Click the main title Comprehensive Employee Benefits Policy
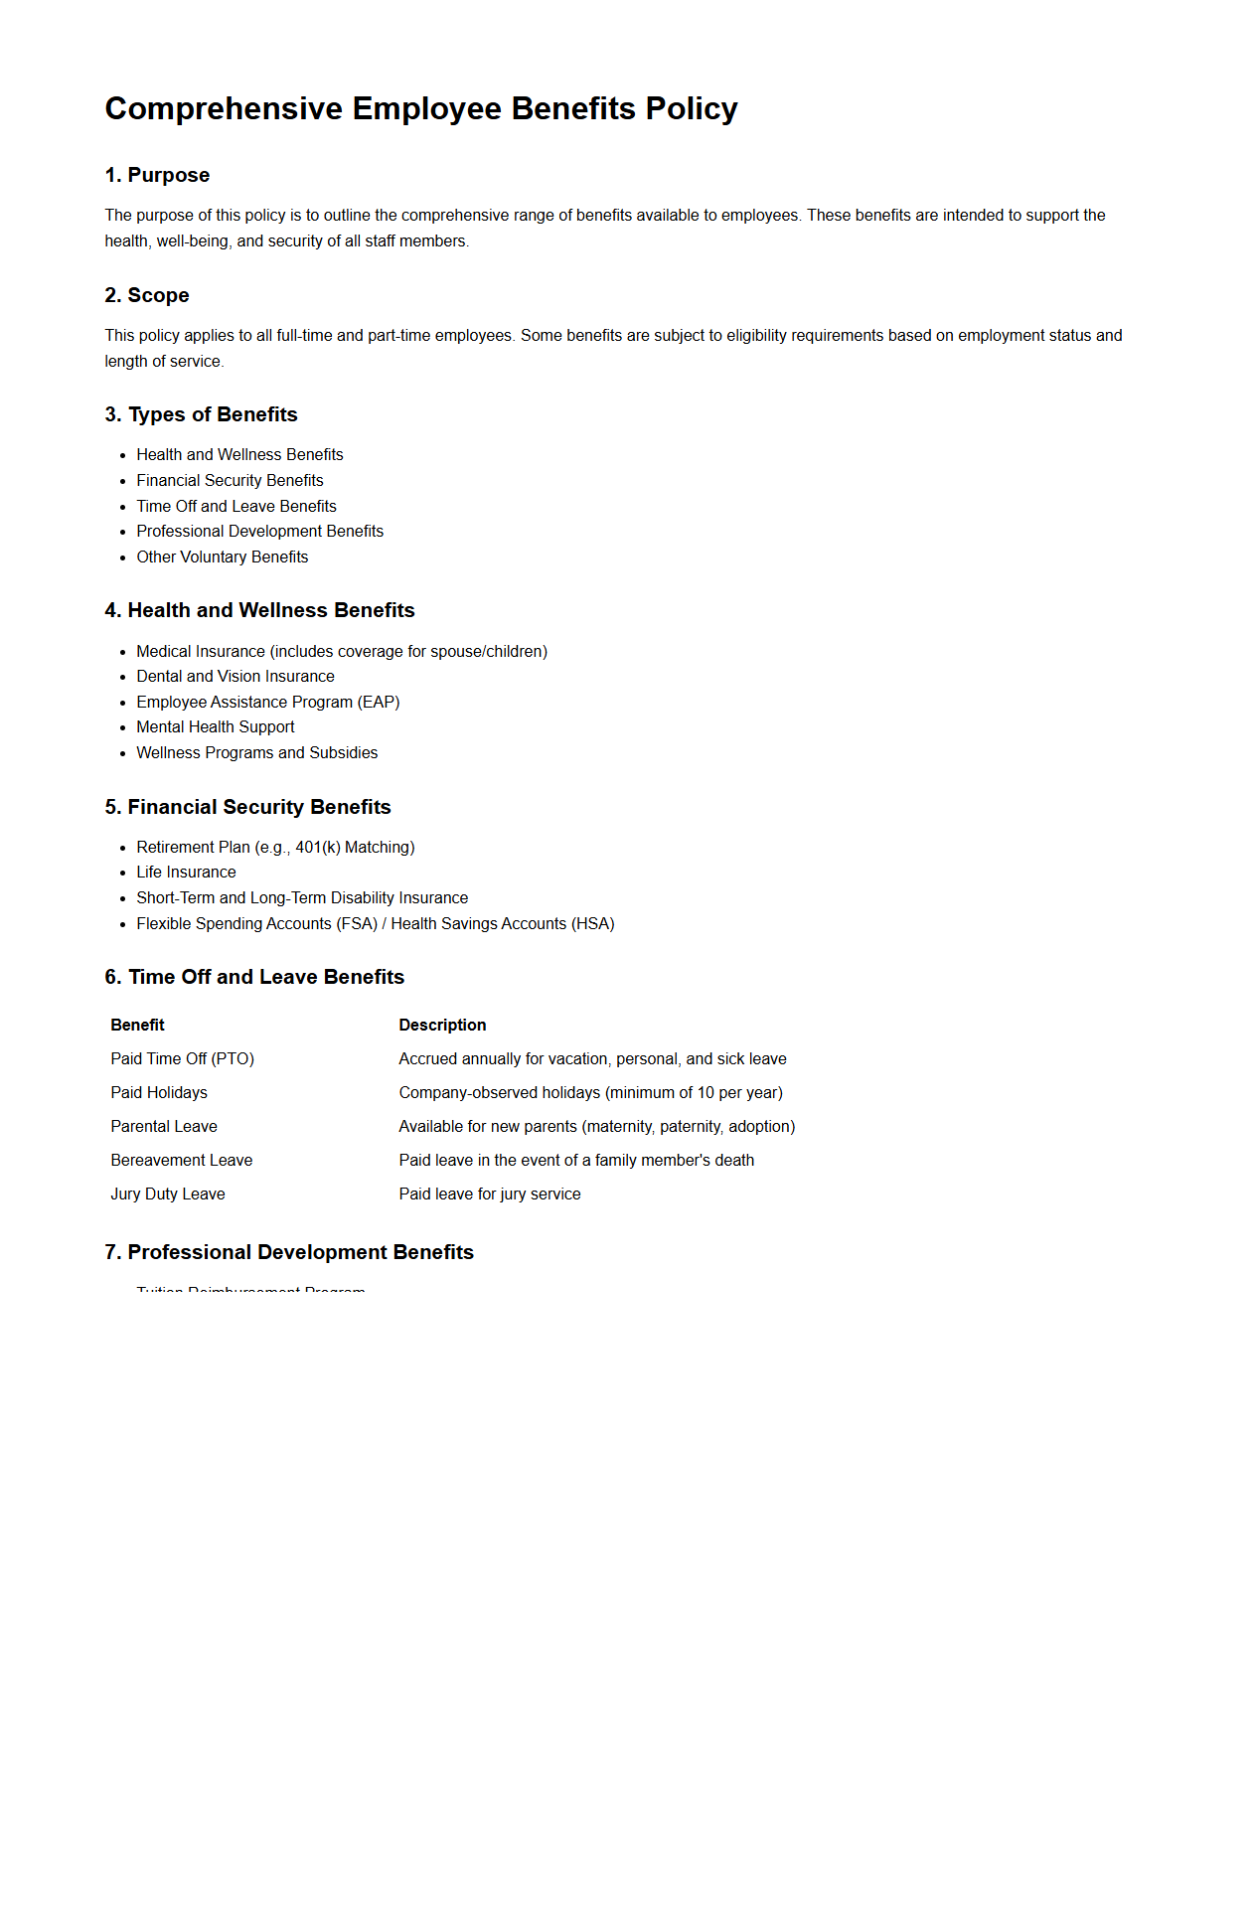pos(421,108)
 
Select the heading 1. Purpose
pos(157,175)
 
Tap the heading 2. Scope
pos(147,295)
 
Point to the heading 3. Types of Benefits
pos(201,414)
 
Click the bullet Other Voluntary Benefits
pos(223,557)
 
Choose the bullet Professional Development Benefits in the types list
pos(259,531)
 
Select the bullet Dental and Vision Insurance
pos(235,676)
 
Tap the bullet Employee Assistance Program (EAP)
pos(268,702)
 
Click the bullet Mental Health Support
pos(216,726)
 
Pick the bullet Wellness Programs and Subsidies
pos(257,752)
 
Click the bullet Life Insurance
pos(186,872)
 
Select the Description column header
pos(442,1025)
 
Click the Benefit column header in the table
pos(138,1025)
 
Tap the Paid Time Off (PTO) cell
pos(183,1058)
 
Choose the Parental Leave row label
pos(164,1126)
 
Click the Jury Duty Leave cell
pos(168,1194)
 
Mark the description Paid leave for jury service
pos(490,1194)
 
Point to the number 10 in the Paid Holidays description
pos(706,1092)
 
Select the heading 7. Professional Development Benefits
pos(289,1252)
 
